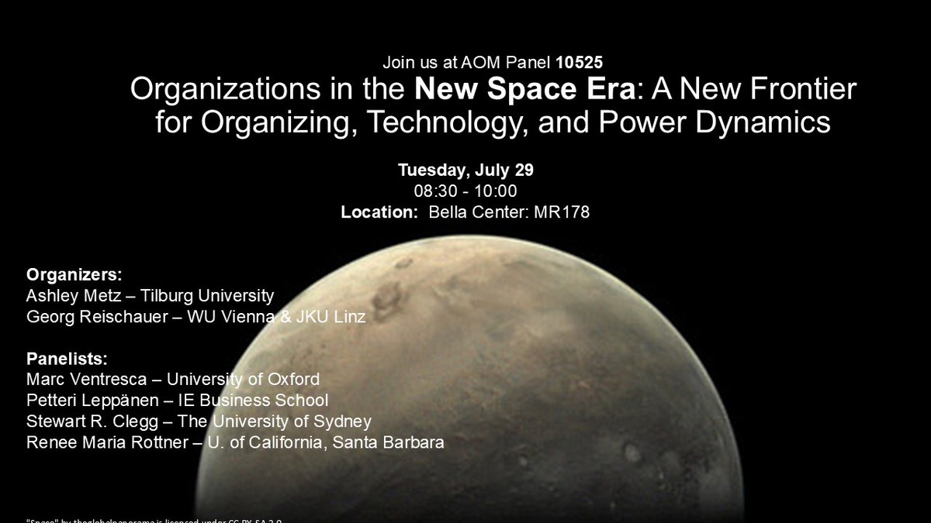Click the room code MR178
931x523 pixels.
562,212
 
